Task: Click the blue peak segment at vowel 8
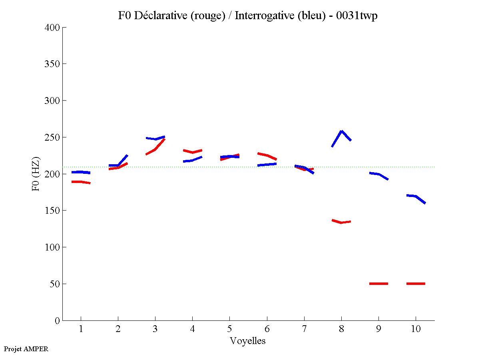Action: [342, 132]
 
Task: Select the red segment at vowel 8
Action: [341, 222]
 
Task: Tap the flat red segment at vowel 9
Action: [378, 283]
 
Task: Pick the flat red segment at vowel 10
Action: [416, 283]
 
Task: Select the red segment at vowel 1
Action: [81, 182]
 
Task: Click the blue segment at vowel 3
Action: [155, 139]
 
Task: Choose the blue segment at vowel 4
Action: [192, 160]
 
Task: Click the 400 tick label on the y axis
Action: [52, 28]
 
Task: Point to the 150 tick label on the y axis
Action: [52, 211]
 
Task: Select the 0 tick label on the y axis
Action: [57, 320]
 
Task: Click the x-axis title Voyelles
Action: [248, 341]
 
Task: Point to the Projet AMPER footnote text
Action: [26, 349]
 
